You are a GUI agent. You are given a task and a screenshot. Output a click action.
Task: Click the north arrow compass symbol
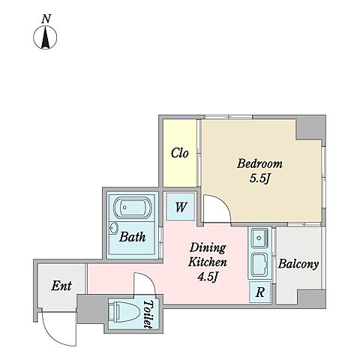(x=45, y=37)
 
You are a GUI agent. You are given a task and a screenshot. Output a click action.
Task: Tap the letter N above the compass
(x=46, y=19)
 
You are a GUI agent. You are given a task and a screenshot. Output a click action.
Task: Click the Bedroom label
(x=259, y=163)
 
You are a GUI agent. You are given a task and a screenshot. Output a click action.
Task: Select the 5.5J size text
(x=260, y=178)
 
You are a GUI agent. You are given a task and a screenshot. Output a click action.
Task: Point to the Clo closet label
(x=179, y=153)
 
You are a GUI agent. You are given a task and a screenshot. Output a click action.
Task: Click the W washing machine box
(x=181, y=207)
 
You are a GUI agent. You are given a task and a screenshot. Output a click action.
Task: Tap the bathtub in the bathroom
(x=132, y=208)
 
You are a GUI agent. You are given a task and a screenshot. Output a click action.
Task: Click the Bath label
(x=132, y=237)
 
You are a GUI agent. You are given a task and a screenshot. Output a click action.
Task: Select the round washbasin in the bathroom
(x=114, y=228)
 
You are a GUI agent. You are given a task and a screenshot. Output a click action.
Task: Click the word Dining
(x=208, y=248)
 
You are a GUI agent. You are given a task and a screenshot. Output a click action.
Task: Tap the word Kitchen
(x=208, y=262)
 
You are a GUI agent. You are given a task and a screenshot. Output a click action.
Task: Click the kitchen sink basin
(x=259, y=238)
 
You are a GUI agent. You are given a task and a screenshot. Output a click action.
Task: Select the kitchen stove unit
(x=259, y=264)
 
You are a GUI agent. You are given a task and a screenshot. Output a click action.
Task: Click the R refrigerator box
(x=260, y=292)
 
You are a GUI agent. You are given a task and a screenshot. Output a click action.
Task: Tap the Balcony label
(x=298, y=264)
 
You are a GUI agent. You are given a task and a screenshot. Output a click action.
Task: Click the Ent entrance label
(x=61, y=286)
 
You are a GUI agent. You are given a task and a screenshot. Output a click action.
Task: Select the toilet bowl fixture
(x=124, y=312)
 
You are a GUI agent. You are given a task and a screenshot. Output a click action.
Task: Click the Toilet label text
(x=148, y=314)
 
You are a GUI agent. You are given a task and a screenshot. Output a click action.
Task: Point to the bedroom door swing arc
(x=222, y=202)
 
